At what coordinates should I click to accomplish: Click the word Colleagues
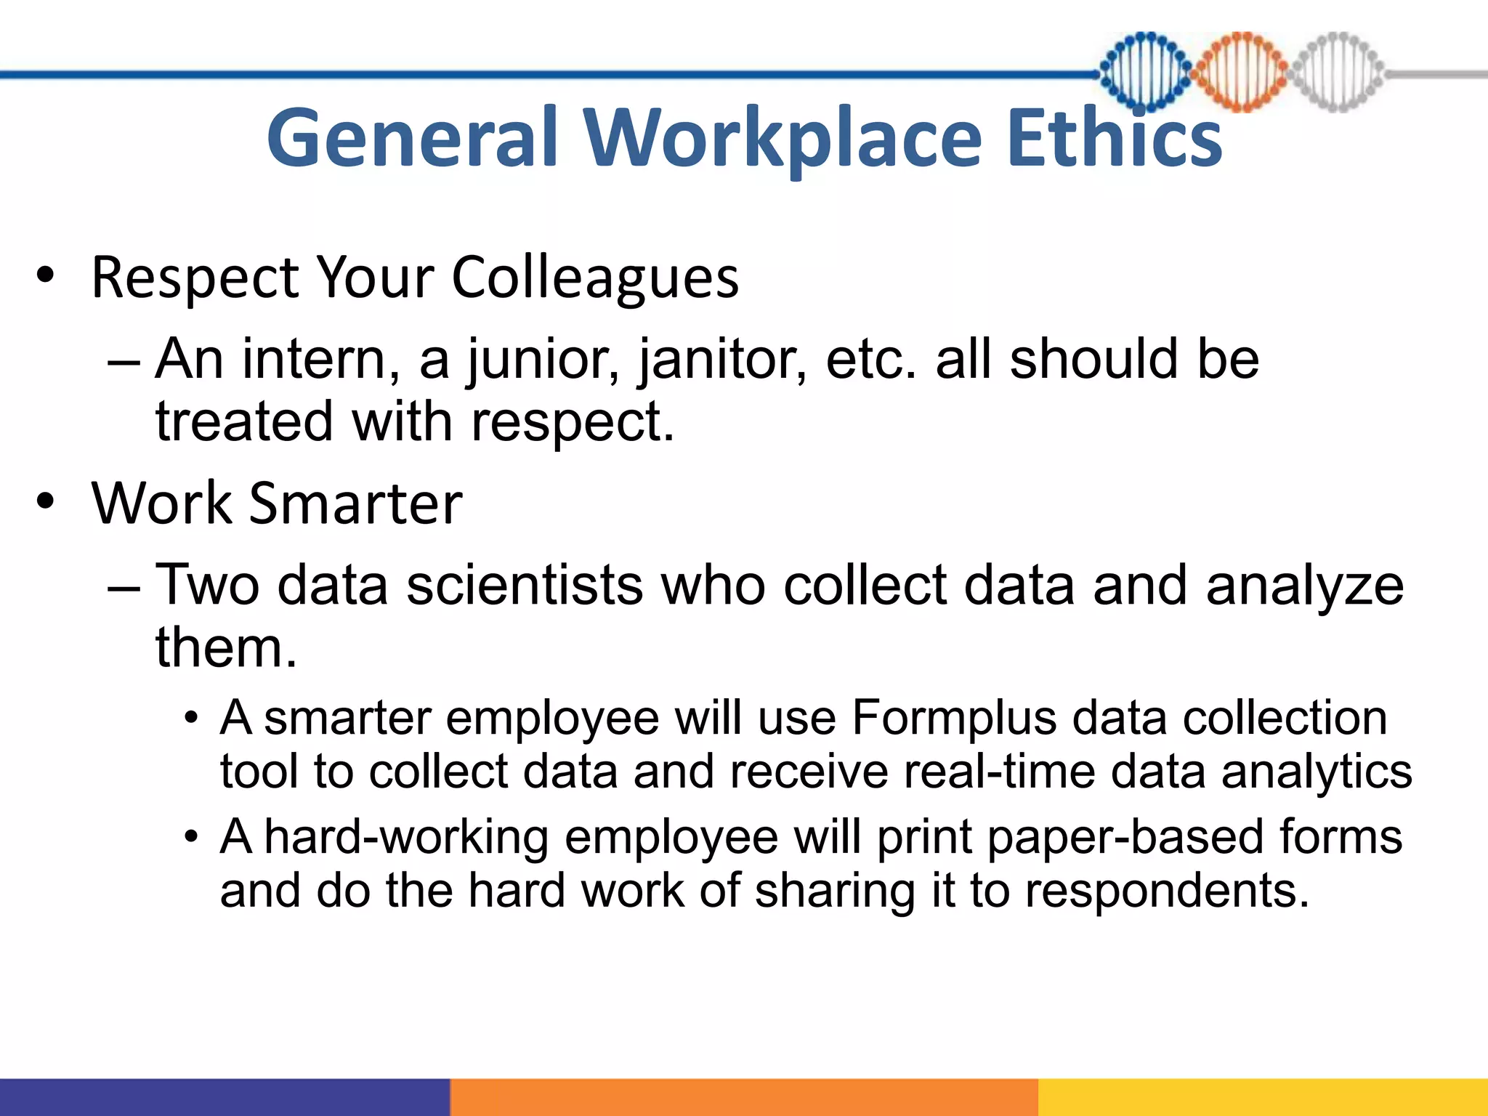pyautogui.click(x=595, y=279)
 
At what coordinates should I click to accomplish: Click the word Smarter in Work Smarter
pyautogui.click(x=355, y=503)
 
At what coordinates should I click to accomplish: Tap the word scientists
pyautogui.click(x=524, y=585)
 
